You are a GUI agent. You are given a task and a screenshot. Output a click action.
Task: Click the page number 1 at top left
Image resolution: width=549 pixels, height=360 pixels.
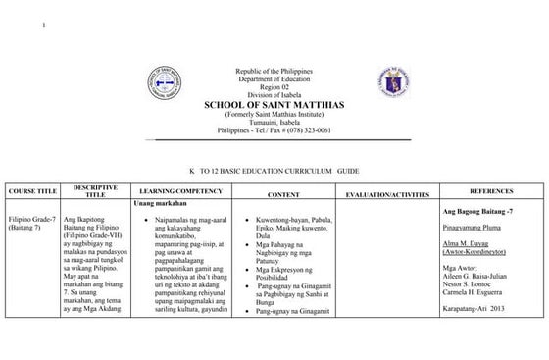(x=44, y=24)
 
